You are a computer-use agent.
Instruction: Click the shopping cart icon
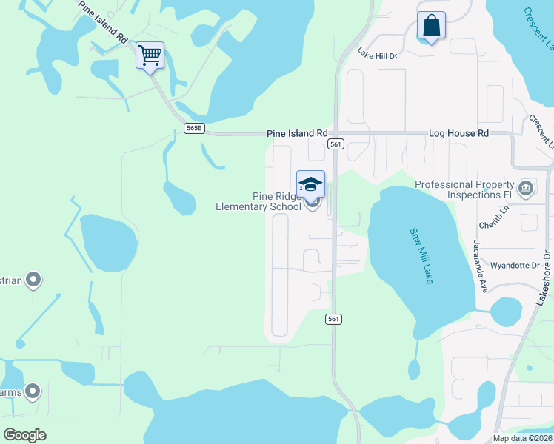(150, 55)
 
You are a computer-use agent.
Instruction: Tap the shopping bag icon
(431, 26)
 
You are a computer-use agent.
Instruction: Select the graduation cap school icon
(311, 185)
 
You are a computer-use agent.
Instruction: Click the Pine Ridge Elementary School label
(258, 201)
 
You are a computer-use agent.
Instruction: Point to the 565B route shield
(194, 128)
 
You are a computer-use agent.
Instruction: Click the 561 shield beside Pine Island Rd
(336, 144)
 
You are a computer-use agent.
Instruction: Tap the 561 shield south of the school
(333, 318)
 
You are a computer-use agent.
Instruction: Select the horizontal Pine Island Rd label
(296, 133)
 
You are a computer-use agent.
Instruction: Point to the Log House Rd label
(459, 133)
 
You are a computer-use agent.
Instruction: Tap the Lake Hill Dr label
(377, 54)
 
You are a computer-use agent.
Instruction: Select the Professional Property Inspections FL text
(464, 189)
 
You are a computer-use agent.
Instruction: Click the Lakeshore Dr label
(546, 277)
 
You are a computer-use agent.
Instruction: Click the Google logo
(24, 434)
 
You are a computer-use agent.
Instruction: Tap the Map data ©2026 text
(522, 438)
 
